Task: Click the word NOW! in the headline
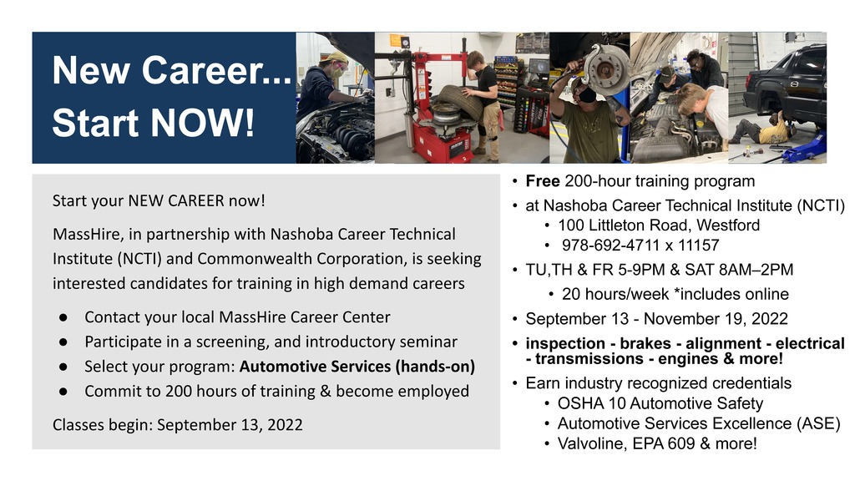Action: coord(202,122)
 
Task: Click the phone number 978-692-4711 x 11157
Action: coord(640,246)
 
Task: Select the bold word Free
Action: coord(543,181)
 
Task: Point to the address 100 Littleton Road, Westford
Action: coord(659,225)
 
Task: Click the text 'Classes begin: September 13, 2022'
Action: coord(178,425)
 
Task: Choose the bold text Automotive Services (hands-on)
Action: coord(357,367)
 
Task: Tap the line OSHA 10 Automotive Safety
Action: coord(660,403)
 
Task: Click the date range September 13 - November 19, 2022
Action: coord(656,319)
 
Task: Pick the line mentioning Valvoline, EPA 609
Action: coord(657,443)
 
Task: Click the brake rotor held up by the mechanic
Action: coord(606,70)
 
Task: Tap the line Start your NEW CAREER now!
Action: coord(159,200)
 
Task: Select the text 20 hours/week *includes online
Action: coord(675,295)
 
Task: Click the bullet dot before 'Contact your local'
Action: coord(63,317)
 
